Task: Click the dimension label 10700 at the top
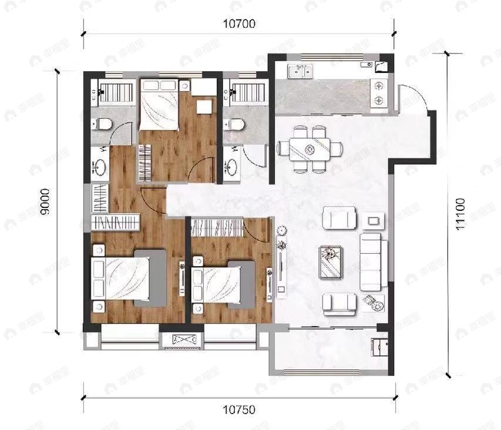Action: click(x=240, y=24)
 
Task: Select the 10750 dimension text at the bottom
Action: click(x=240, y=409)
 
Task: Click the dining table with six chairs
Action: click(x=310, y=149)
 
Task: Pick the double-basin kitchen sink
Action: click(x=300, y=72)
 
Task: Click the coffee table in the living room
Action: click(x=331, y=261)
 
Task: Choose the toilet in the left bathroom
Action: click(x=105, y=124)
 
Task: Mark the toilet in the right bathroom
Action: click(x=235, y=125)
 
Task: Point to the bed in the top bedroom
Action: click(x=159, y=105)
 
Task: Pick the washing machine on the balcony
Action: click(x=379, y=347)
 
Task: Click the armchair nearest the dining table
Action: click(x=340, y=219)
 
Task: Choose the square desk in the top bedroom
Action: click(x=204, y=106)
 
